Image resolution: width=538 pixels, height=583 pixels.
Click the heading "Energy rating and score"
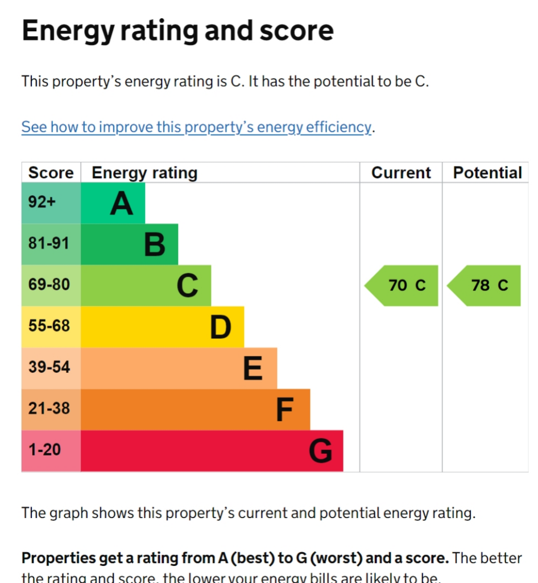tap(177, 31)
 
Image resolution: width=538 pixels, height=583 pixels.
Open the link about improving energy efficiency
tap(196, 127)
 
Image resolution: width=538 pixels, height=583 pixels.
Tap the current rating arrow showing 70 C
tap(402, 285)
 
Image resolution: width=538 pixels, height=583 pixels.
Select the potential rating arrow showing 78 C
tap(485, 285)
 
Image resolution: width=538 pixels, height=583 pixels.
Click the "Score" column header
tap(51, 173)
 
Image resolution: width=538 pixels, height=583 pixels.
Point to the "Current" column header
tap(401, 173)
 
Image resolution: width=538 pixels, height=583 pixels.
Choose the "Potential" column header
tap(487, 173)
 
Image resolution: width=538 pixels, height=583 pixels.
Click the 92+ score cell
tap(51, 203)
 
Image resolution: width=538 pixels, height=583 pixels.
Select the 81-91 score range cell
tap(51, 244)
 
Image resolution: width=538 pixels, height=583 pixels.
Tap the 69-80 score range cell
tap(51, 285)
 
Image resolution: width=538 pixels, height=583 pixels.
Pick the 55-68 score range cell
tap(51, 326)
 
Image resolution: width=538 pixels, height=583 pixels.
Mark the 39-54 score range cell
tap(51, 367)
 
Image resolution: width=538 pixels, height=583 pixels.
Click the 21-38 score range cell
tap(51, 409)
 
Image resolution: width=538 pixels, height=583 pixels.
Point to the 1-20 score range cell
tap(51, 450)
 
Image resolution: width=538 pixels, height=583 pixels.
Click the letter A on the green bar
tap(121, 203)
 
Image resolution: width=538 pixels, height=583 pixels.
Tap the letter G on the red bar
tap(320, 451)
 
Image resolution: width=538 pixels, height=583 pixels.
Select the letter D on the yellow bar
tap(221, 327)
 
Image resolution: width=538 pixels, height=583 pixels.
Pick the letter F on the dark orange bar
tap(284, 410)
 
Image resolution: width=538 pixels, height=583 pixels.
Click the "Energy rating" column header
tap(144, 173)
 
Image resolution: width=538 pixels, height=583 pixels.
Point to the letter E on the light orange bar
tap(253, 368)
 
